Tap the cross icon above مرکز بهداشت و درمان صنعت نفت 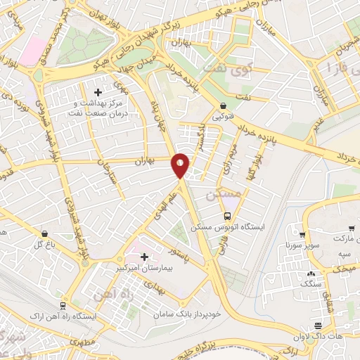pyautogui.click(x=98, y=91)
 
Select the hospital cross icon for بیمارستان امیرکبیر pyautogui.click(x=145, y=257)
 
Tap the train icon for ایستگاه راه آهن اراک pyautogui.click(x=63, y=306)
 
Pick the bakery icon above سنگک pyautogui.click(x=311, y=272)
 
